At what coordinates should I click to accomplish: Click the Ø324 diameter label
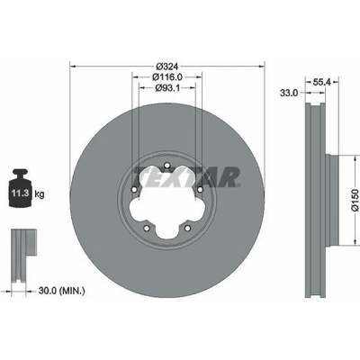[x=167, y=66]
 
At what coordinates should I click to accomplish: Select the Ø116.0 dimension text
[x=167, y=77]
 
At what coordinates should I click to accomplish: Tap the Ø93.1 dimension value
[x=167, y=88]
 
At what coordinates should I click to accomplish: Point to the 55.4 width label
[x=321, y=82]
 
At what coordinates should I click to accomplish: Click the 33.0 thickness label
[x=289, y=93]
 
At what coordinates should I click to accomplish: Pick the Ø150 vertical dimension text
[x=355, y=200]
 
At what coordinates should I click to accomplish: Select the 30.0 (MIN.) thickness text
[x=61, y=291]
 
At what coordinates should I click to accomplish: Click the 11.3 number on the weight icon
[x=21, y=193]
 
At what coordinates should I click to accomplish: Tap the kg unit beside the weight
[x=40, y=194]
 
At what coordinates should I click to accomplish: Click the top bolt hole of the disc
[x=167, y=165]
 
